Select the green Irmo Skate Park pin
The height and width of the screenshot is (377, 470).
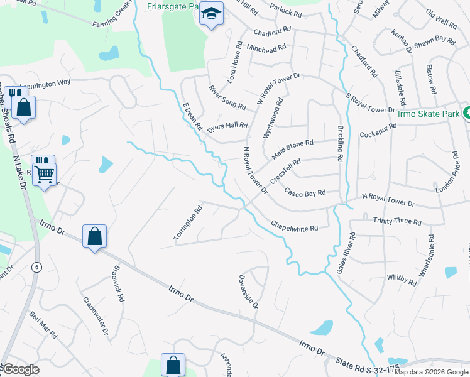pos(466,113)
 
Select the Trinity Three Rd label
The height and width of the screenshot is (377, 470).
pos(396,221)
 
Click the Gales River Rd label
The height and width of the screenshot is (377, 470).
pos(346,254)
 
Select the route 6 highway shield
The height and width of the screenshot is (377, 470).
pos(36,266)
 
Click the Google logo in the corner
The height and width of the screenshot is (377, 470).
pos(21,369)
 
